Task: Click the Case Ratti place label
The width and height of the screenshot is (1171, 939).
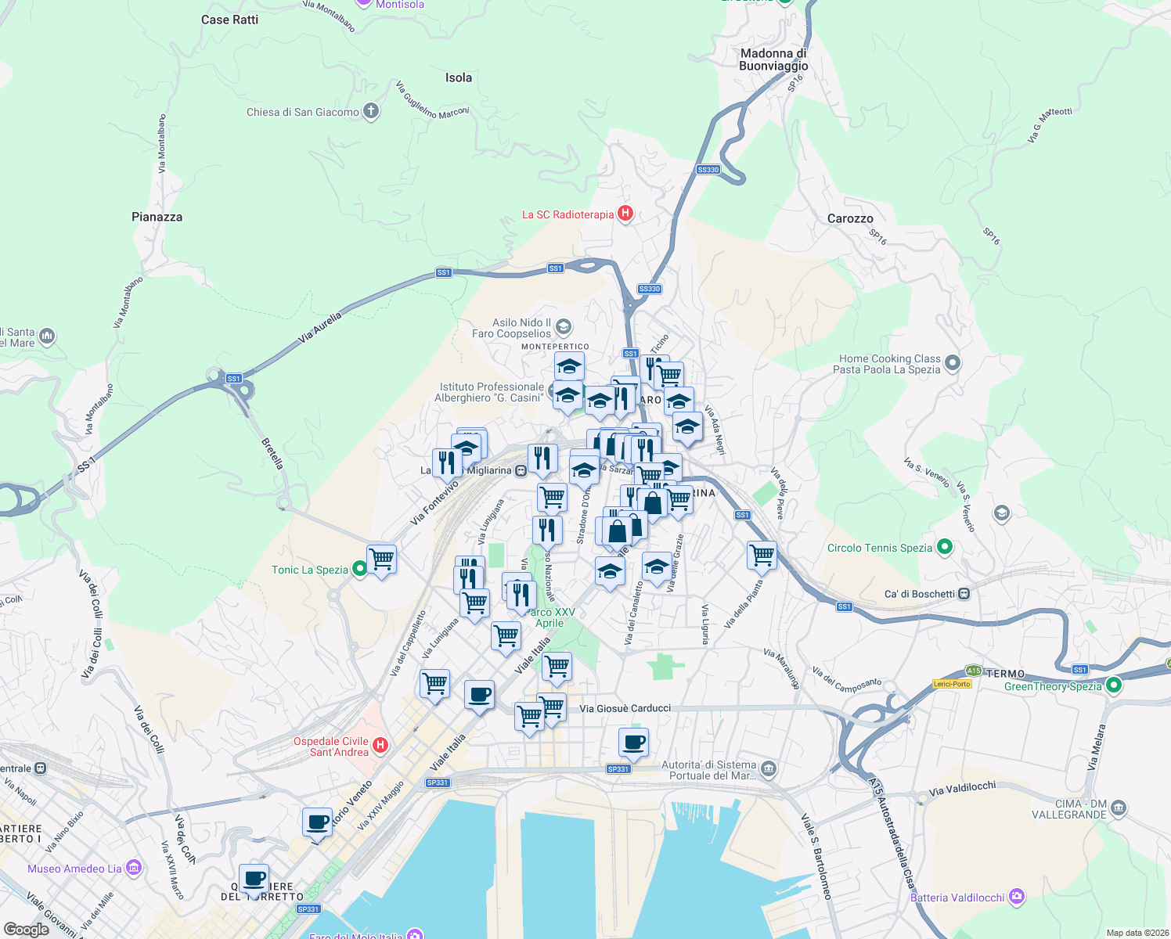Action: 229,20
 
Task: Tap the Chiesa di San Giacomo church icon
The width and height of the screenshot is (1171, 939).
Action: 371,111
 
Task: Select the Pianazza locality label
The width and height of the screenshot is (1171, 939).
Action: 157,217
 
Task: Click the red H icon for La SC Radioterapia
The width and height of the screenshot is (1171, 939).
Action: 625,213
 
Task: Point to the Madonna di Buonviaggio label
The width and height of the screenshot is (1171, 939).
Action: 773,59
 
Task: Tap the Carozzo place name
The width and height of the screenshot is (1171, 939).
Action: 850,218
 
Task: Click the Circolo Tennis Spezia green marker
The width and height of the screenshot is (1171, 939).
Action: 945,547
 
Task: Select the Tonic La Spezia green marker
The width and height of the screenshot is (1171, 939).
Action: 359,569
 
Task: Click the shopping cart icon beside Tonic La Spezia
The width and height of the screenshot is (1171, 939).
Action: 382,559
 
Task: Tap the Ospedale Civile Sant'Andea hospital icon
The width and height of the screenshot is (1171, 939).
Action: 380,744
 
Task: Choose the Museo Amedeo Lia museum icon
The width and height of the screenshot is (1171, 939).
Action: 134,868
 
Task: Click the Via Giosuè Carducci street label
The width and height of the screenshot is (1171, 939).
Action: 625,708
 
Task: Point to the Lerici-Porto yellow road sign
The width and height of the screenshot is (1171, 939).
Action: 952,683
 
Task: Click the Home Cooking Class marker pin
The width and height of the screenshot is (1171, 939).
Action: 953,362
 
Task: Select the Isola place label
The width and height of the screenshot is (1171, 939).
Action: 459,77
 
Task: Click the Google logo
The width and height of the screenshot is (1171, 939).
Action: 26,929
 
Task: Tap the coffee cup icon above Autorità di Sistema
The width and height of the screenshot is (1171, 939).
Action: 633,741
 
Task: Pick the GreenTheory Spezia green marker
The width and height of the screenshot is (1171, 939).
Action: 1114,685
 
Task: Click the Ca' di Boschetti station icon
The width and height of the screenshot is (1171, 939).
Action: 964,593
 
